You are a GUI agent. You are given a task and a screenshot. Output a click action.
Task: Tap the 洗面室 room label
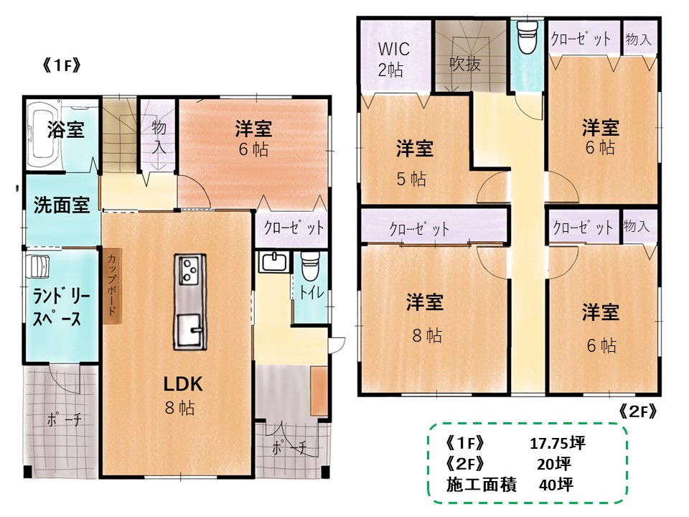62,205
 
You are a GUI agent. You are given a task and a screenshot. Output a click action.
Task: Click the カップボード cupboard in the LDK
112,287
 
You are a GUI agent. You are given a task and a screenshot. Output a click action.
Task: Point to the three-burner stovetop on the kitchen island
189,269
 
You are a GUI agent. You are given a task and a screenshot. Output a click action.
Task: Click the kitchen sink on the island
189,330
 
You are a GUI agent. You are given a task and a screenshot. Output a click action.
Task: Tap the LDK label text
183,383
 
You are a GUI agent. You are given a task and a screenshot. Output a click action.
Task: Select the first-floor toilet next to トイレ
310,266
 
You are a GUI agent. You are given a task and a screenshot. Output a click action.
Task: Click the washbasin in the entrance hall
273,263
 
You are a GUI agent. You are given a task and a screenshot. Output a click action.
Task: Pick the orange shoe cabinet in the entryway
319,391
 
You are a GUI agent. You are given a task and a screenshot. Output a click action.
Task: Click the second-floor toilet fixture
528,37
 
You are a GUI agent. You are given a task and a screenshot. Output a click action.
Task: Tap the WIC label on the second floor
394,48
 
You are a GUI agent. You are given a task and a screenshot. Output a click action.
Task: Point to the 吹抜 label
465,65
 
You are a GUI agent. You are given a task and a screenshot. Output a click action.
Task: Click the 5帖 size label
411,179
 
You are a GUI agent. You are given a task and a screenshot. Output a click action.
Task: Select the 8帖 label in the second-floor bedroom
427,335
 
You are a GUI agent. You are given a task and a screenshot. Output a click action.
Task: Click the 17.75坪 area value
558,443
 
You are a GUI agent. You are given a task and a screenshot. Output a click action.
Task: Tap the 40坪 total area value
556,485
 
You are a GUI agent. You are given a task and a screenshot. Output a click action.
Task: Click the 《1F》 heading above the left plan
62,65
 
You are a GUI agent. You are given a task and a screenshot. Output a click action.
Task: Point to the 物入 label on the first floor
159,136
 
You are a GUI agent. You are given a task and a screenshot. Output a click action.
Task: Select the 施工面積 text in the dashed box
482,485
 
